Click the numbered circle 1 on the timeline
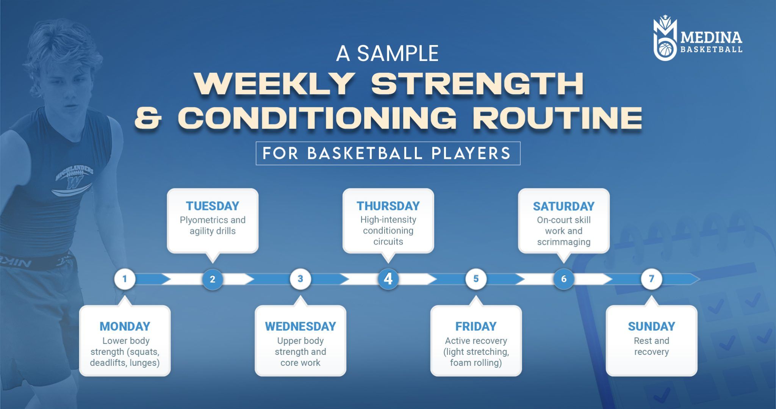[125, 279]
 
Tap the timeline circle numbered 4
[388, 279]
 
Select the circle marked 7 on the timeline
[651, 279]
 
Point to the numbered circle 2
[213, 279]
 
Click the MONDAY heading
[125, 326]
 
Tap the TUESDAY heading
[213, 206]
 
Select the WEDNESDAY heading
[300, 326]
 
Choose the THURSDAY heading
[388, 206]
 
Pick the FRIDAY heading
[476, 326]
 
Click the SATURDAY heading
[564, 206]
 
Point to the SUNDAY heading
[651, 326]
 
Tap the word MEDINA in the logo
[711, 37]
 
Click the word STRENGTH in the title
[477, 84]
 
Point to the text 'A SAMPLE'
[387, 53]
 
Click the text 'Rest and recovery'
[651, 346]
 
